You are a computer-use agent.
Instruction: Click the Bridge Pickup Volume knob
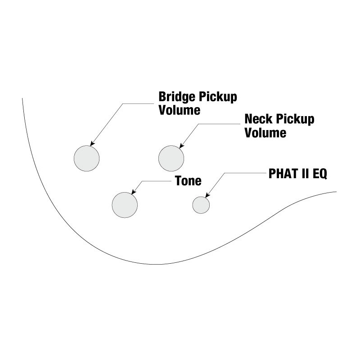(x=86, y=158)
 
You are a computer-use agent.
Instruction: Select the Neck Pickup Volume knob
(x=171, y=158)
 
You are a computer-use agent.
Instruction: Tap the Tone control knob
(x=125, y=205)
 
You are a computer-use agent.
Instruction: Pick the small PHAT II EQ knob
(x=201, y=205)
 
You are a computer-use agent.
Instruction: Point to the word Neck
(x=258, y=120)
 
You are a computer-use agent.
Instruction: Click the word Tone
(x=188, y=181)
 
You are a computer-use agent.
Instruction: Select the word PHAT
(x=282, y=174)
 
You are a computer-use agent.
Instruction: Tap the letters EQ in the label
(x=319, y=174)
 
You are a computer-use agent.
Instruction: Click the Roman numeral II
(x=304, y=174)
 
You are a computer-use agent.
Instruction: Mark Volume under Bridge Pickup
(x=180, y=110)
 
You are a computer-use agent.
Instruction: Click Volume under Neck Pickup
(x=265, y=133)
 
